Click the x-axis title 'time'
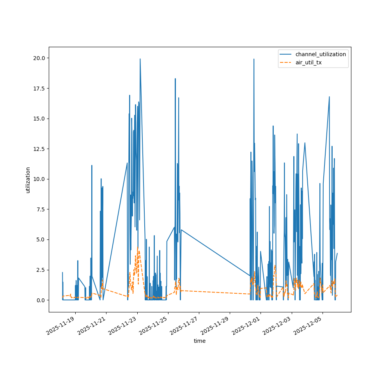click(x=200, y=341)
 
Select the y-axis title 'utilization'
click(x=28, y=180)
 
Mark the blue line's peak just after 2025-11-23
click(x=140, y=59)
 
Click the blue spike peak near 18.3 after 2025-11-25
click(x=175, y=79)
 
